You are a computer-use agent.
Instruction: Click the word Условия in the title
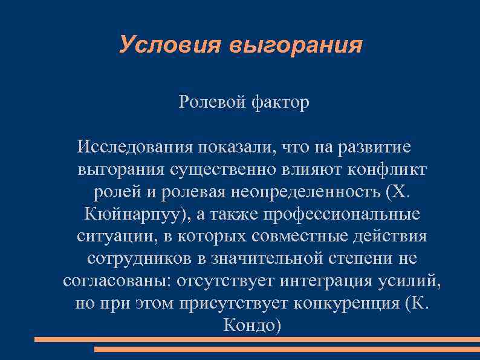170,45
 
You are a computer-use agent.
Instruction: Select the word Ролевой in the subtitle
209,103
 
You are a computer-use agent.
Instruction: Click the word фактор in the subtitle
277,103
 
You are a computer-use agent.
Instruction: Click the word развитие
376,147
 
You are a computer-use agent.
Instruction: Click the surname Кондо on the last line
248,325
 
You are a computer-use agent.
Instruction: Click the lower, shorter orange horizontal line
287,350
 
